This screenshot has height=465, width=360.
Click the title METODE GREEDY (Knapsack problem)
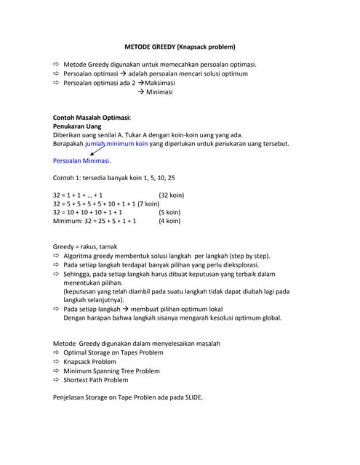180,47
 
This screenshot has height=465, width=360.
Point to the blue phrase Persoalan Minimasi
81,161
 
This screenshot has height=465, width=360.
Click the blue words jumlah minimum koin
116,144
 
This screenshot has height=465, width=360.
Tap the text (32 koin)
171,195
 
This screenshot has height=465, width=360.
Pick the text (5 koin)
169,213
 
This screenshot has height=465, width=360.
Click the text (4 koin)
169,221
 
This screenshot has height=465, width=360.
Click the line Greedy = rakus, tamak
85,247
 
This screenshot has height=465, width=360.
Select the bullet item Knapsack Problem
89,361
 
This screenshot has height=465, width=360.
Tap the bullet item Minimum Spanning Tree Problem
111,371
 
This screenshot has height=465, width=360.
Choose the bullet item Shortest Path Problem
95,379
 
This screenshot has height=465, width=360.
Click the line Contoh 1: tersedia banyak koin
114,178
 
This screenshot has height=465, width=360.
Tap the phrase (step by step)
244,256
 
